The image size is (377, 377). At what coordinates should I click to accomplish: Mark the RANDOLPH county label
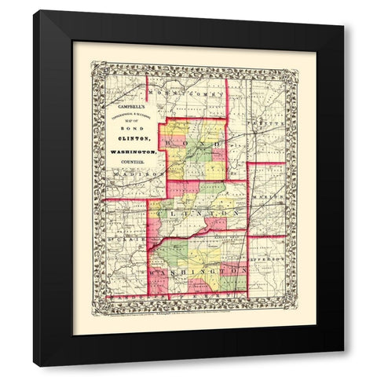pos(130,298)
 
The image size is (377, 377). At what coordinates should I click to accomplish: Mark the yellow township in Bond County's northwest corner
pos(176,129)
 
